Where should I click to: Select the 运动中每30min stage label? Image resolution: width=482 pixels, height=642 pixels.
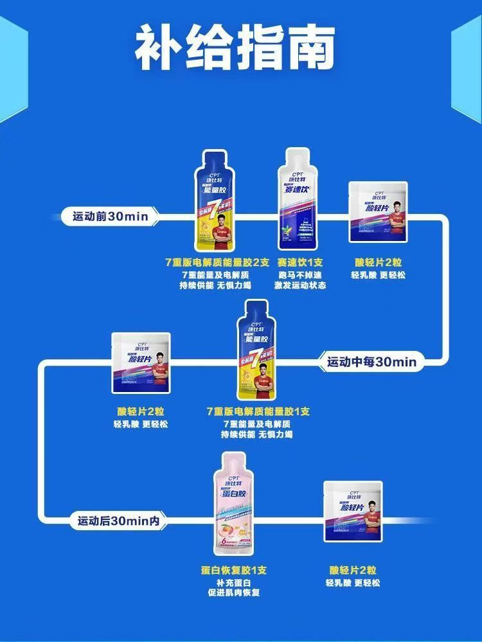pyautogui.click(x=371, y=362)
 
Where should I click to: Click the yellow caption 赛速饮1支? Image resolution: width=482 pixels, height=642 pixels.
pyautogui.click(x=300, y=262)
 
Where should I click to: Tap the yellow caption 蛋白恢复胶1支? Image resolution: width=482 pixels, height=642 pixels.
pyautogui.click(x=233, y=570)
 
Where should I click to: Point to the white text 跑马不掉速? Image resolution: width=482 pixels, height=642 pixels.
pyautogui.click(x=300, y=274)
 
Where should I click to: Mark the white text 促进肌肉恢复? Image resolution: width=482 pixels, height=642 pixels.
pyautogui.click(x=233, y=593)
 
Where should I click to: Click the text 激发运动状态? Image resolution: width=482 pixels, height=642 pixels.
pyautogui.click(x=300, y=285)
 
